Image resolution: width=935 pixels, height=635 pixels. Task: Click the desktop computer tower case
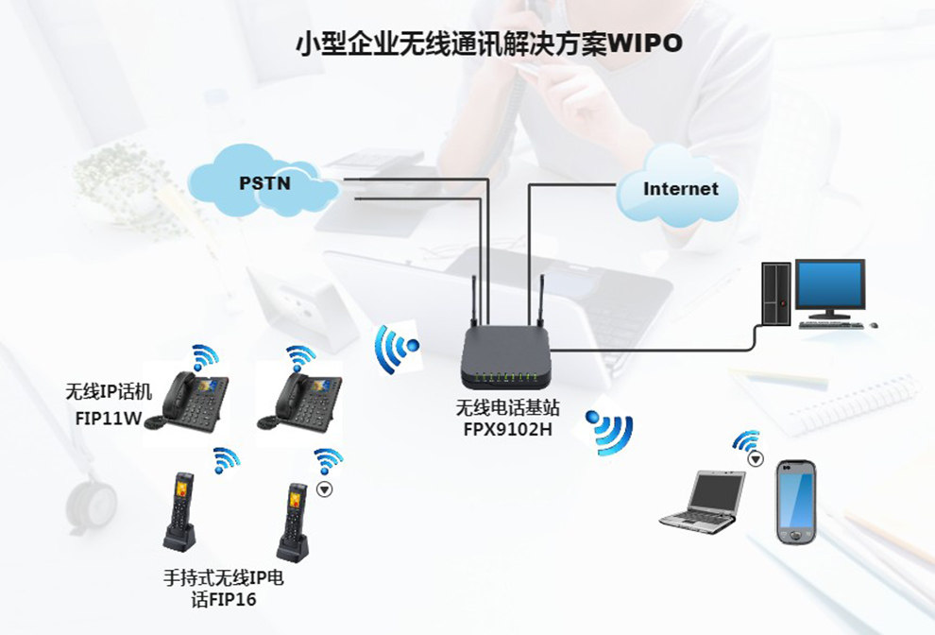click(x=776, y=293)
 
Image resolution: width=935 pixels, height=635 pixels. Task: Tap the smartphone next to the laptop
click(x=794, y=500)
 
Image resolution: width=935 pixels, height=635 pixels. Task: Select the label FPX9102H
click(x=508, y=430)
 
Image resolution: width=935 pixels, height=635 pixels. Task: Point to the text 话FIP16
click(x=223, y=600)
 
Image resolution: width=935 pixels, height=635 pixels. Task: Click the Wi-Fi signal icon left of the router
click(x=397, y=349)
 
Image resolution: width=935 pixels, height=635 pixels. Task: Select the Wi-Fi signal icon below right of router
click(x=611, y=431)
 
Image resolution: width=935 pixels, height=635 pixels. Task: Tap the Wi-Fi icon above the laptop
click(x=746, y=443)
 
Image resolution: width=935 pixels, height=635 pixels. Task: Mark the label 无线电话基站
click(x=508, y=408)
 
